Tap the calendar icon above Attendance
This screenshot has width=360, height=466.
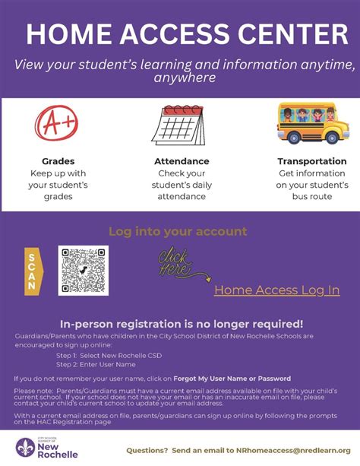coord(182,126)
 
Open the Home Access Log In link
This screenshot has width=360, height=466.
coord(276,290)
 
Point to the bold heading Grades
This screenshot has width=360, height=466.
coord(58,161)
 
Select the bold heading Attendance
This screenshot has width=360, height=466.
coord(182,161)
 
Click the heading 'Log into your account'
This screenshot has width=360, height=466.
coord(178,231)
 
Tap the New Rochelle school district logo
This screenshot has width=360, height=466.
coord(43,448)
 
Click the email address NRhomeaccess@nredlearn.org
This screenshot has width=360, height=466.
coord(286,450)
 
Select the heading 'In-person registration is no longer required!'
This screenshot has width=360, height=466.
coord(182,323)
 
